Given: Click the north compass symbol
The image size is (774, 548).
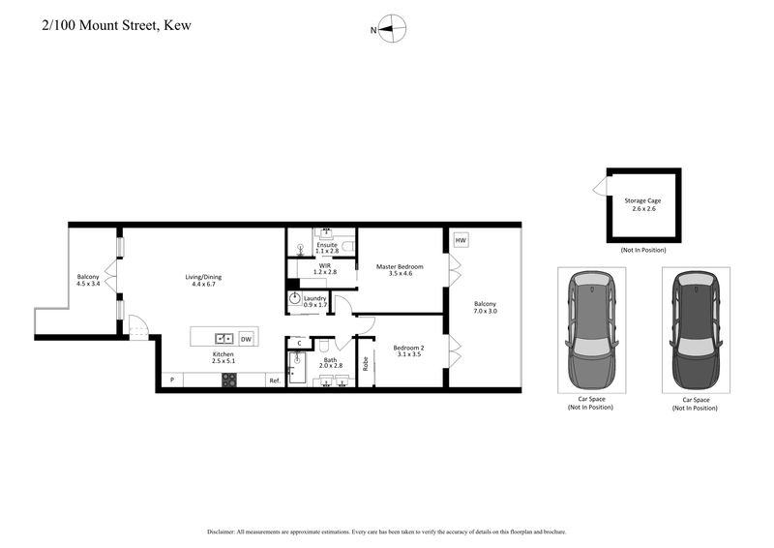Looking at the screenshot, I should pyautogui.click(x=392, y=30).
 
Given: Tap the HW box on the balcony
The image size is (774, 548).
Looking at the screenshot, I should pyautogui.click(x=461, y=240).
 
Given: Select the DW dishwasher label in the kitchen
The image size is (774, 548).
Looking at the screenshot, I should pyautogui.click(x=246, y=339).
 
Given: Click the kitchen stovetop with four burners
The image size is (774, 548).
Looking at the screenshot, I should pyautogui.click(x=230, y=381).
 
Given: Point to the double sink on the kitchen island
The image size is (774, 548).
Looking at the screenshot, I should pyautogui.click(x=223, y=339).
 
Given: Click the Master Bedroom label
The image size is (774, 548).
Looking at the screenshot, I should pyautogui.click(x=401, y=266).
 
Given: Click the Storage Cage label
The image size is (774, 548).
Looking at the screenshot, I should pyautogui.click(x=643, y=201).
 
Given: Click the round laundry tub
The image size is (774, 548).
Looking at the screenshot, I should pyautogui.click(x=295, y=300).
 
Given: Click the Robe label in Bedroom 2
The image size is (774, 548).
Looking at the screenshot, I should pyautogui.click(x=366, y=364).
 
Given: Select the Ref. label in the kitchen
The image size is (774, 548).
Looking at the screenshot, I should pyautogui.click(x=275, y=381).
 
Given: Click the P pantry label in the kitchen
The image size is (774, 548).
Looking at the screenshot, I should pyautogui.click(x=171, y=381).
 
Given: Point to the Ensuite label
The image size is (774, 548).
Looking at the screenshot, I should pyautogui.click(x=326, y=245).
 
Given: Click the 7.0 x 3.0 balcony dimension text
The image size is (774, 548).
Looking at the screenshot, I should pyautogui.click(x=486, y=313).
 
